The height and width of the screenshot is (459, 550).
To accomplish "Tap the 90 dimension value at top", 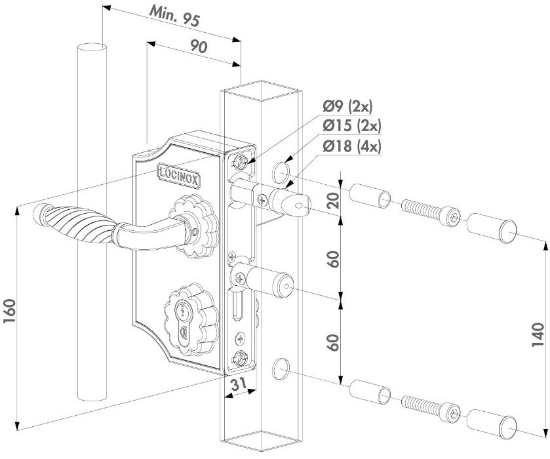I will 199,50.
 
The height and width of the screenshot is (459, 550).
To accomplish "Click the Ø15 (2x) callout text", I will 353,126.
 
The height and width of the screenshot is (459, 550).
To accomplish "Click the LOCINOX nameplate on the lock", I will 179,173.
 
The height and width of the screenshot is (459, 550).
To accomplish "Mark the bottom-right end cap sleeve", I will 492,424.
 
